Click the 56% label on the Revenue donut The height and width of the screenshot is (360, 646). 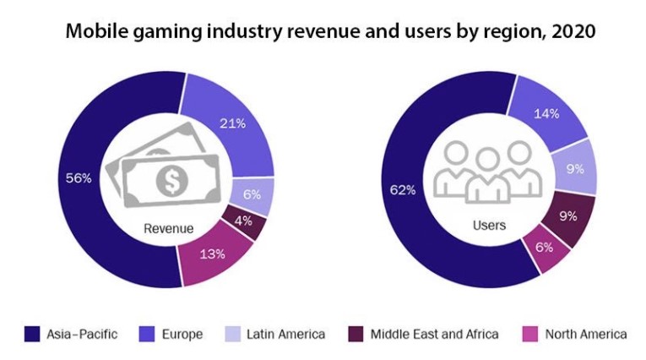click(x=79, y=178)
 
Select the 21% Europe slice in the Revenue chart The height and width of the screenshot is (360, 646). click(x=232, y=124)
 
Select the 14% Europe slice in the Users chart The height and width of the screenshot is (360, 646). click(x=547, y=113)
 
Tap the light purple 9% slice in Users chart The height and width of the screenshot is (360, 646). click(x=575, y=168)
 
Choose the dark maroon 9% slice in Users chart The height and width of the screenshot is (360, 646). click(x=567, y=215)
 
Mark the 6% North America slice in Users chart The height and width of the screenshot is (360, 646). click(x=545, y=248)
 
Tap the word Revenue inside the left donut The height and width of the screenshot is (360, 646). click(x=169, y=228)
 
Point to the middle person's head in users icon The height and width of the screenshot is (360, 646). click(x=488, y=159)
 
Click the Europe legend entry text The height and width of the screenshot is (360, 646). click(x=182, y=334)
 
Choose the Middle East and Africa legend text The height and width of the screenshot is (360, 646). click(x=433, y=334)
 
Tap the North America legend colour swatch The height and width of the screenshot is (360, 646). click(x=531, y=334)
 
